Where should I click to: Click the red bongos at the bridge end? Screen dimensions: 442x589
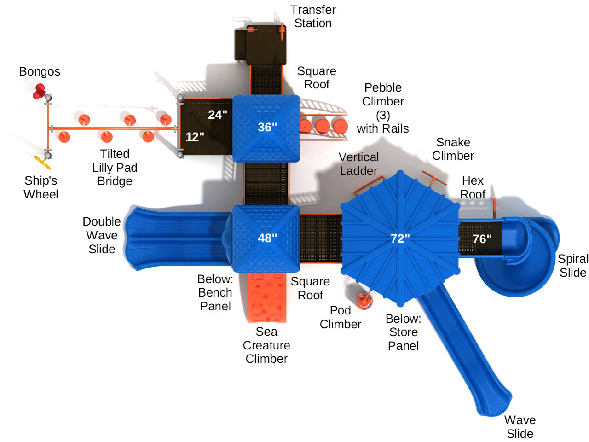pyautogui.click(x=39, y=91)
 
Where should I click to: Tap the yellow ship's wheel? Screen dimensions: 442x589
pyautogui.click(x=42, y=162)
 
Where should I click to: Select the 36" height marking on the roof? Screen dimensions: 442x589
pyautogui.click(x=267, y=127)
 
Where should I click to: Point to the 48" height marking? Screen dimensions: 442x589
pyautogui.click(x=267, y=238)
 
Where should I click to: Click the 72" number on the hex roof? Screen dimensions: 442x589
pyautogui.click(x=400, y=238)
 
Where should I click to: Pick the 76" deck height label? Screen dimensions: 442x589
pyautogui.click(x=482, y=239)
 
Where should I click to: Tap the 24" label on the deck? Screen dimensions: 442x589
pyautogui.click(x=218, y=115)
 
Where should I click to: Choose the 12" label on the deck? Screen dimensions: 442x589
pyautogui.click(x=195, y=137)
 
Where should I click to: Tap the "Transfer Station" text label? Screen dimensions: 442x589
pyautogui.click(x=313, y=17)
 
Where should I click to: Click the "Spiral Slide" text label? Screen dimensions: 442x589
pyautogui.click(x=573, y=266)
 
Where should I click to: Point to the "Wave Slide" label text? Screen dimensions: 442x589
pyautogui.click(x=520, y=427)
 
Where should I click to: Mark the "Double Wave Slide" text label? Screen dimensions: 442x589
pyautogui.click(x=102, y=235)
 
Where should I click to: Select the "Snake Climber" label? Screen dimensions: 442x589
pyautogui.click(x=453, y=149)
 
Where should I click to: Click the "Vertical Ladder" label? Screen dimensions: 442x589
pyautogui.click(x=358, y=164)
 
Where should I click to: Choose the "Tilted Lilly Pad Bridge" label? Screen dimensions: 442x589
pyautogui.click(x=115, y=168)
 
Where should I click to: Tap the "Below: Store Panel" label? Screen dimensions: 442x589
pyautogui.click(x=404, y=332)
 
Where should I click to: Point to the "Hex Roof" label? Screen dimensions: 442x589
pyautogui.click(x=473, y=187)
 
